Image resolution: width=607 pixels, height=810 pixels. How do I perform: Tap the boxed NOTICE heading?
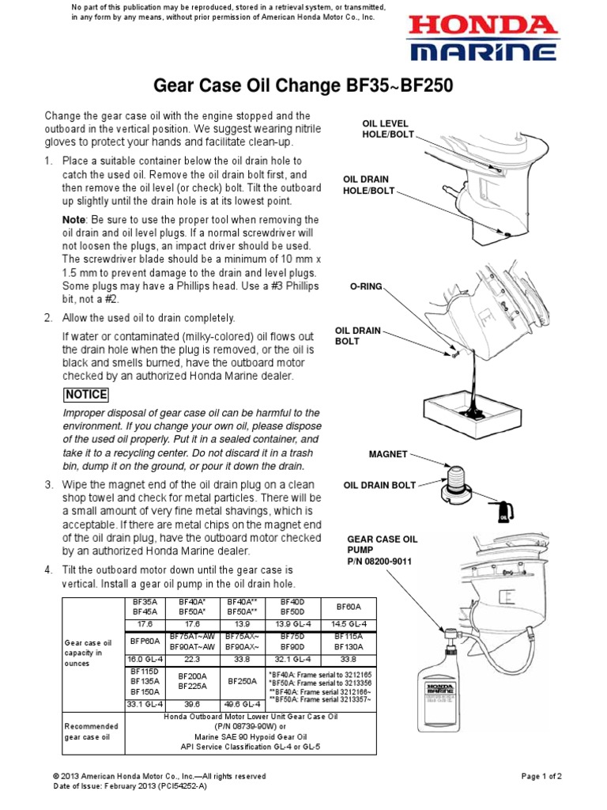[x=86, y=395]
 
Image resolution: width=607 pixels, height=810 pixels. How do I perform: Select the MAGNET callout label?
[x=388, y=454]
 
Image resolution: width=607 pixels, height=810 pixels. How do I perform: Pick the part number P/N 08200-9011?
[x=379, y=561]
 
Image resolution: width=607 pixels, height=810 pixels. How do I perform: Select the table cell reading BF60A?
[x=349, y=607]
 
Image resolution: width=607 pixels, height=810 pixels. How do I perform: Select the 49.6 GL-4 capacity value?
[x=242, y=703]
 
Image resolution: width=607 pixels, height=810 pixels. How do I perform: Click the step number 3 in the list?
[x=48, y=484]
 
